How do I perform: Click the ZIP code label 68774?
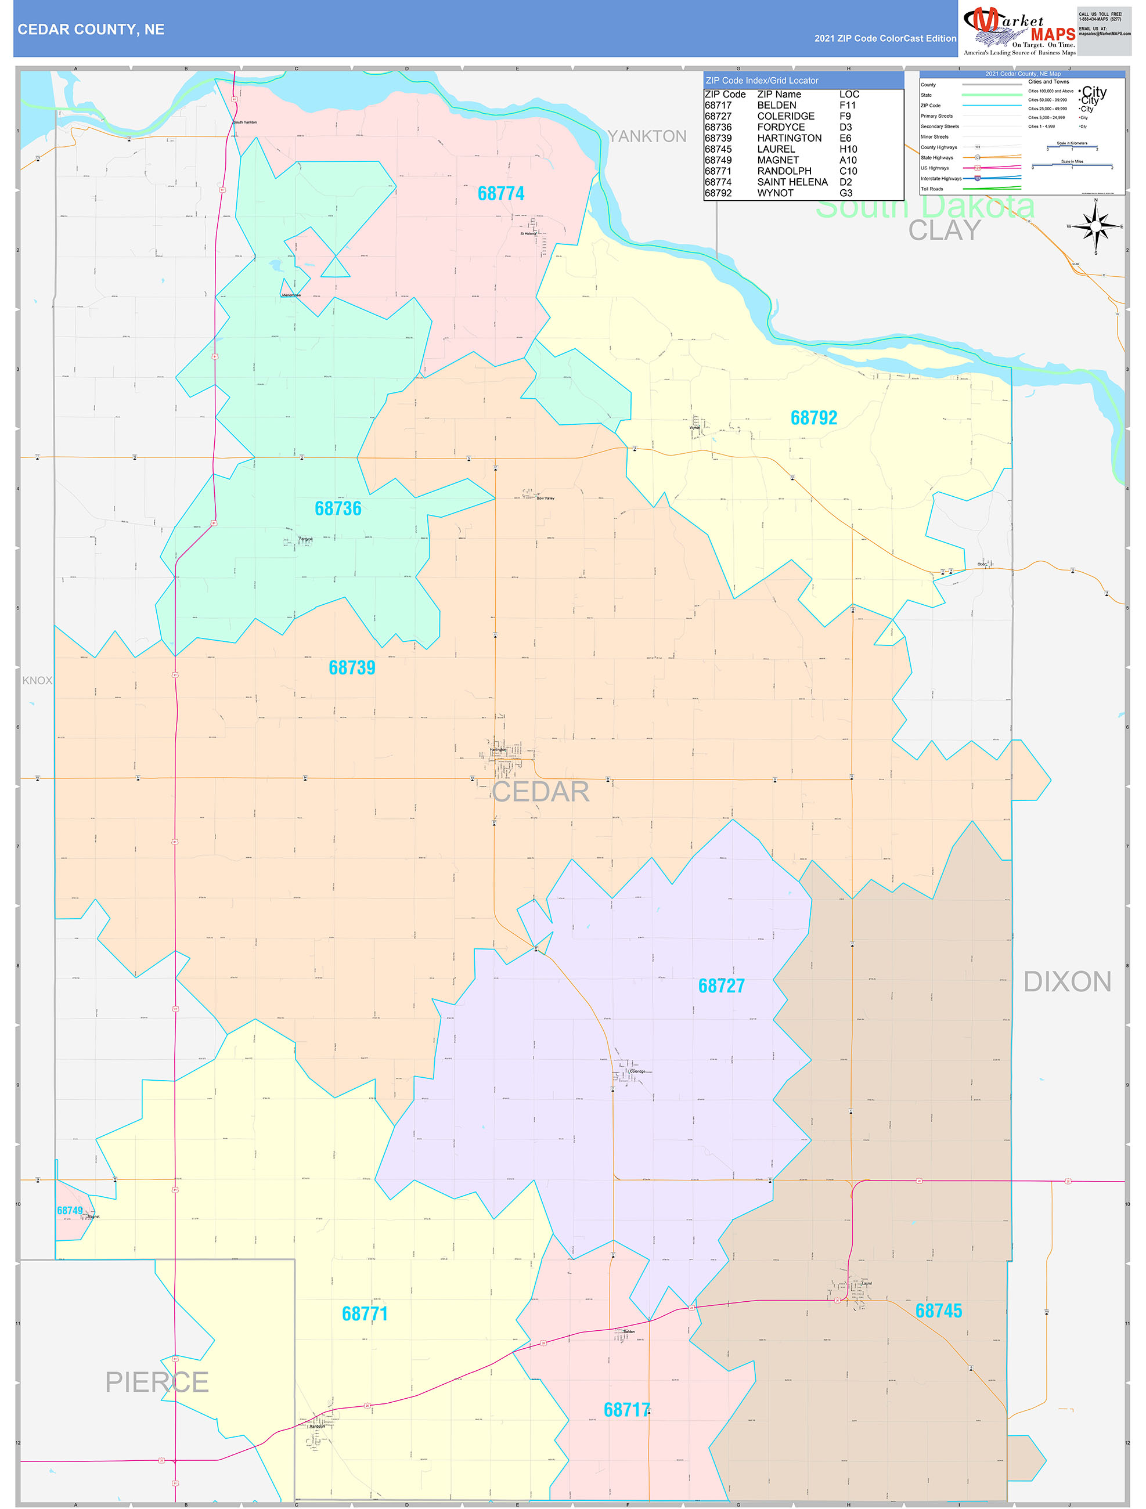[501, 194]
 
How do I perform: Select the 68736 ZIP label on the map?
[338, 508]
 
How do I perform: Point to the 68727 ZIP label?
[722, 985]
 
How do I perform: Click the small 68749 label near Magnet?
[70, 1211]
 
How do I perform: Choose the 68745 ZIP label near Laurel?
[939, 1311]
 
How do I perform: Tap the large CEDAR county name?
[540, 791]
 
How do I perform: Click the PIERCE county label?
[157, 1382]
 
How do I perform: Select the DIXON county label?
[1068, 981]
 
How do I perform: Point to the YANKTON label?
[647, 136]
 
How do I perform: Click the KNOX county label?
[37, 680]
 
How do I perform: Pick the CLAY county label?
[944, 230]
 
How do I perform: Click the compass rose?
[1095, 226]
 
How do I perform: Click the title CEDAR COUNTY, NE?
[91, 30]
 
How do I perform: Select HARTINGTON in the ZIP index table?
[789, 138]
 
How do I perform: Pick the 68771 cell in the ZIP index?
[718, 171]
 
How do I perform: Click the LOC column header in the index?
[849, 94]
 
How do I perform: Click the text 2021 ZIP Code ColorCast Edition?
[885, 38]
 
